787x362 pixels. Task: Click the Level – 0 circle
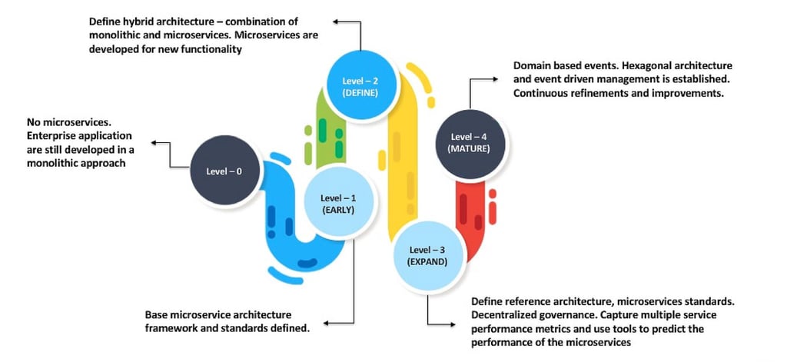pos(224,171)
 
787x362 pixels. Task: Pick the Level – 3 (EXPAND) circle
pos(427,255)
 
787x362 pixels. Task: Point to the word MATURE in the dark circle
pos(470,149)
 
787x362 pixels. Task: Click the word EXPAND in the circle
pos(427,261)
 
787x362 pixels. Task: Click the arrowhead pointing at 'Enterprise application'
pos(153,142)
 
